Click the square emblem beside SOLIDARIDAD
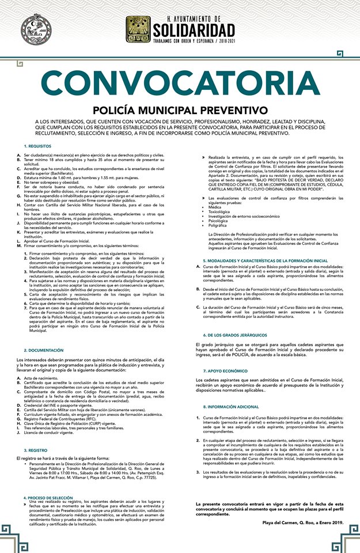pos(138,29)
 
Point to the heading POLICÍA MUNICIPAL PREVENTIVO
pos(180,110)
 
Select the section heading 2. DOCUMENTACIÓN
pos(43,350)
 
